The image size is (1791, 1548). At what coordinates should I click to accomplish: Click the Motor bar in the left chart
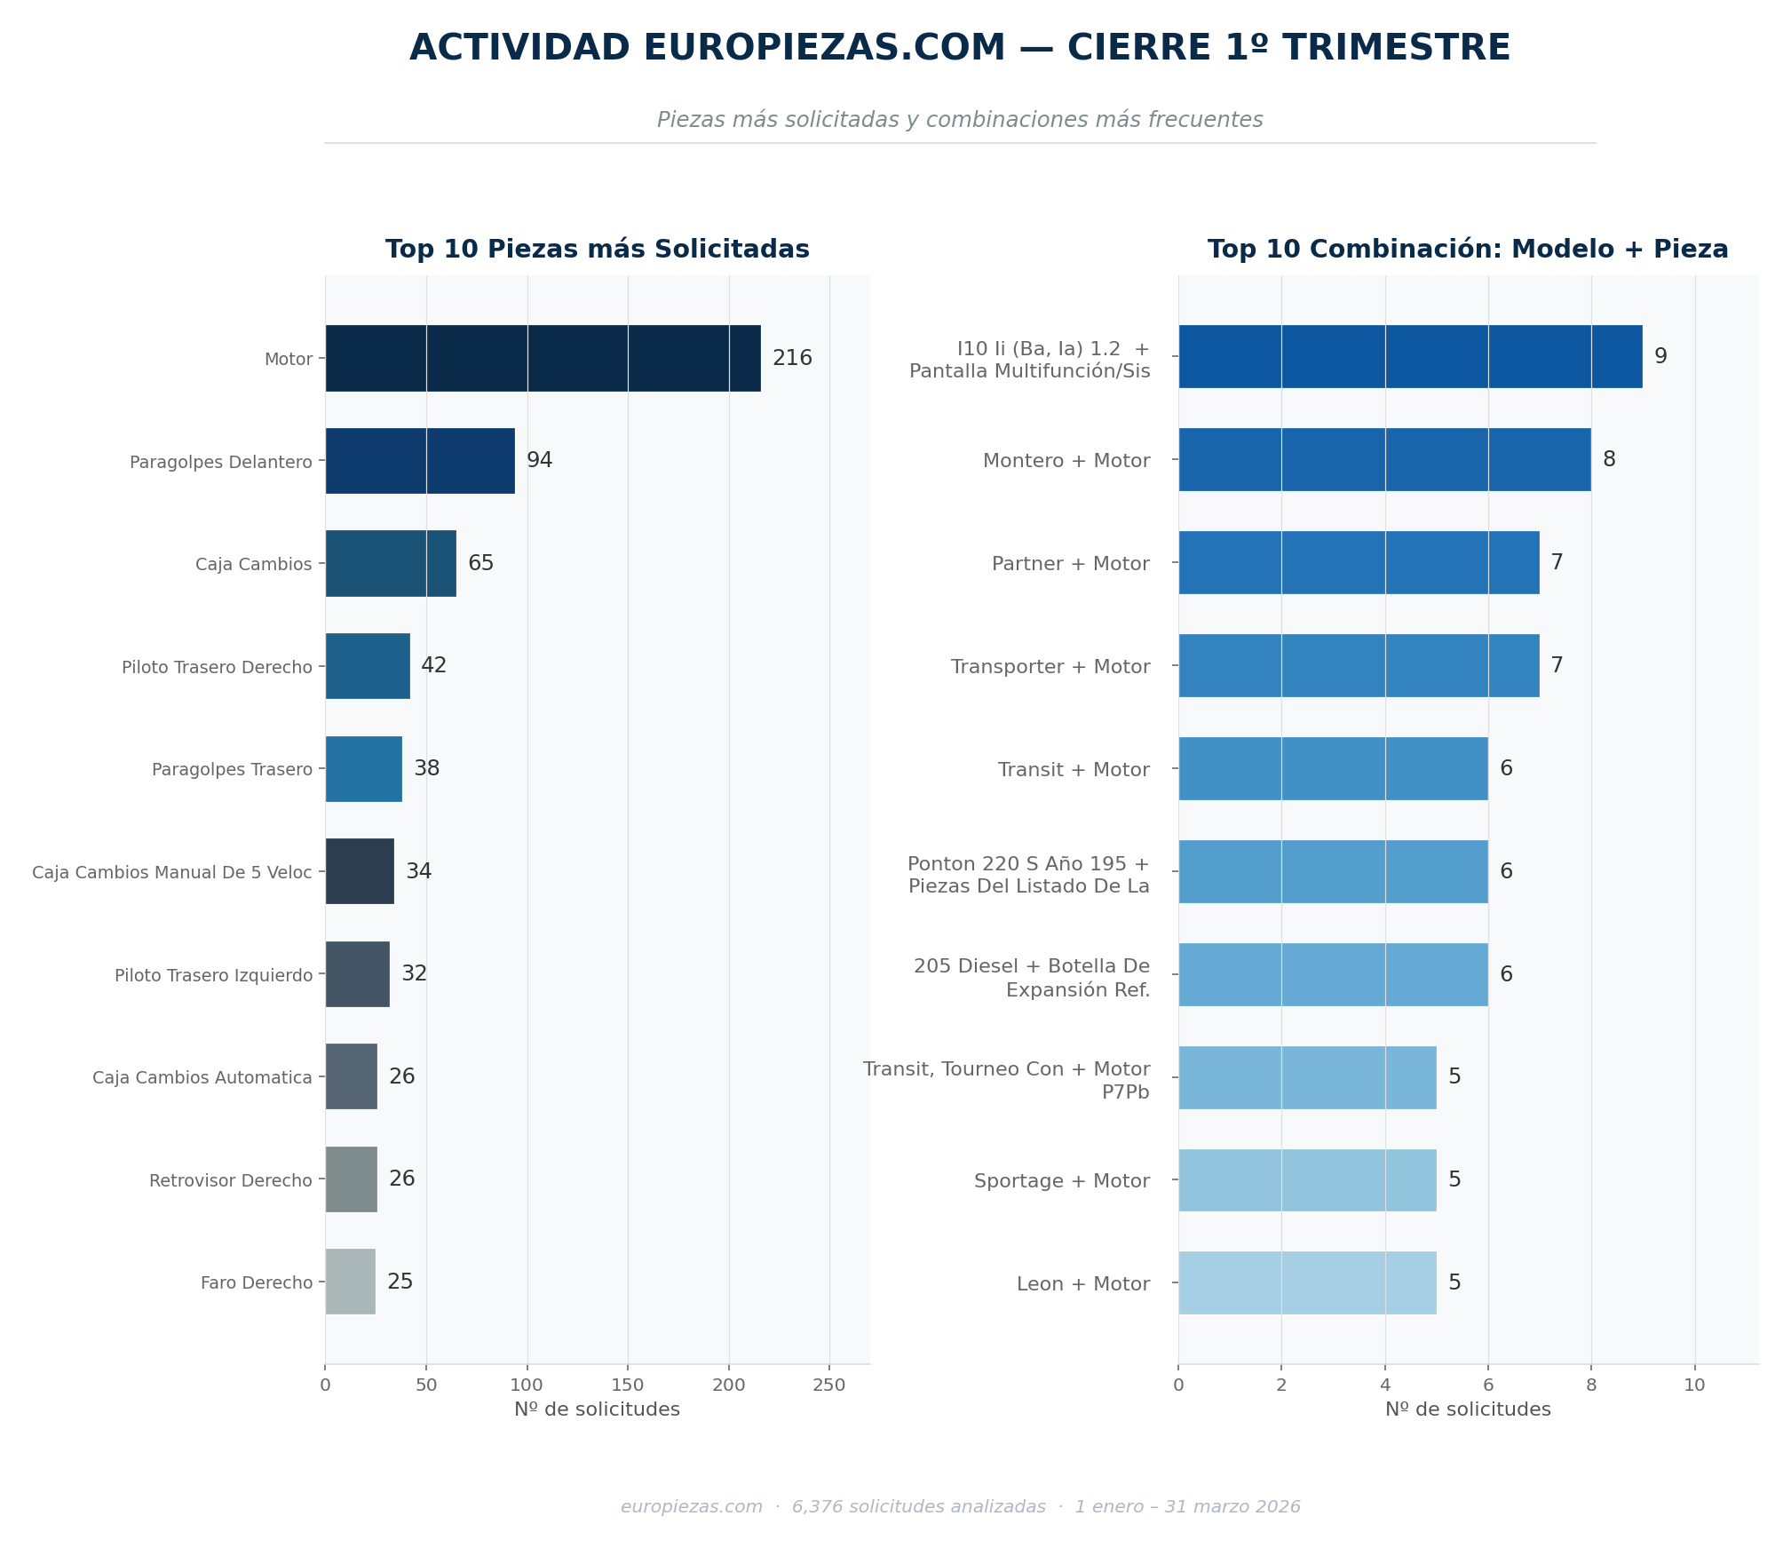[x=543, y=358]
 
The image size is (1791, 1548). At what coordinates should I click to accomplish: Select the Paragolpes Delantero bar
[x=420, y=461]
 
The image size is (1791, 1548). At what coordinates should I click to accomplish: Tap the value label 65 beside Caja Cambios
[x=481, y=563]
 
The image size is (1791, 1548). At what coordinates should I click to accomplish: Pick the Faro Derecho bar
[x=350, y=1282]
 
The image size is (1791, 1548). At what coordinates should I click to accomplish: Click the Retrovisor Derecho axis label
[x=231, y=1180]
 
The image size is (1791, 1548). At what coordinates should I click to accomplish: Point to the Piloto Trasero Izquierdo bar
[x=357, y=974]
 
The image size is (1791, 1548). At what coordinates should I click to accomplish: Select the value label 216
[x=792, y=358]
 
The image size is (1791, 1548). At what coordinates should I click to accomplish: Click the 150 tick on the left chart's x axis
[x=628, y=1385]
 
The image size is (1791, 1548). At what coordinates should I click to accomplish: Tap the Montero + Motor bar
[x=1384, y=459]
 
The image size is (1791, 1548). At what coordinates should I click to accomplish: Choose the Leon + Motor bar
[x=1307, y=1282]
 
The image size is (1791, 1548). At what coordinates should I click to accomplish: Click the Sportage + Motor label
[x=1062, y=1181]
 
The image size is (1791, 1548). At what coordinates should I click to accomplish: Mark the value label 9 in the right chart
[x=1660, y=356]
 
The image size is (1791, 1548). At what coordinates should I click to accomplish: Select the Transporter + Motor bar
[x=1359, y=665]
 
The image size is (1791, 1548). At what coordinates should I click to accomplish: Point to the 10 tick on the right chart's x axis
[x=1695, y=1385]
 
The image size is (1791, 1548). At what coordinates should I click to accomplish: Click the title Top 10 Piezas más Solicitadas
[x=598, y=250]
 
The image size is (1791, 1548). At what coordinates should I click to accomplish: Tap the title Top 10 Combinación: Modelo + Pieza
[x=1468, y=250]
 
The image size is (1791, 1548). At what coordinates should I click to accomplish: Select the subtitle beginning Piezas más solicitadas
[x=960, y=120]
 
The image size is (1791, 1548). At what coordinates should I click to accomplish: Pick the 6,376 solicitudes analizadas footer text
[x=919, y=1507]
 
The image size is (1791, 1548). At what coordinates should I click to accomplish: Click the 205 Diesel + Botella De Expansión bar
[x=1333, y=974]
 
